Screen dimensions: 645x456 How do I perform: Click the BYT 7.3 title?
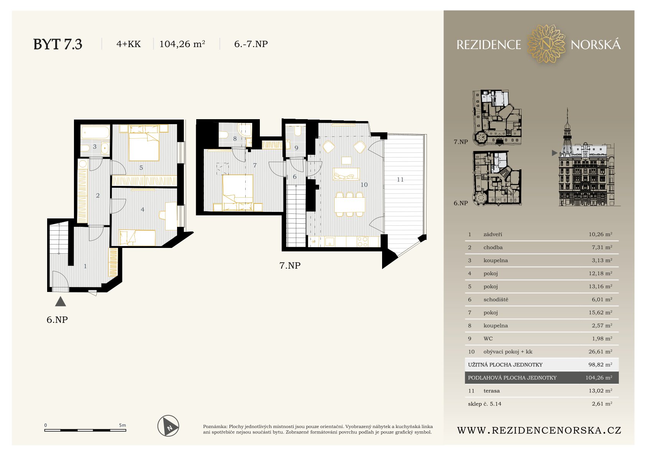point(57,44)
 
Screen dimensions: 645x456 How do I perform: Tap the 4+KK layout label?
point(128,44)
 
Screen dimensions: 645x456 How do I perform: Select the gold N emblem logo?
point(546,44)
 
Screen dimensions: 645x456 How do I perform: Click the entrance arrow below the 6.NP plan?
point(61,302)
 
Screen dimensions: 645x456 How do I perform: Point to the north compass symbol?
point(169,426)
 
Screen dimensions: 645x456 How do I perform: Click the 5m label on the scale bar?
point(122,425)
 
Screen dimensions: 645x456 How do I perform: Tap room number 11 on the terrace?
point(400,180)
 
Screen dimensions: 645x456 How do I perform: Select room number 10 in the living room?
point(364,185)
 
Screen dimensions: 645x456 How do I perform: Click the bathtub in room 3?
point(95,133)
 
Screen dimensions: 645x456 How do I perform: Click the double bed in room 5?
point(144,143)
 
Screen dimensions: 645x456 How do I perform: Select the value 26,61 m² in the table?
point(601,351)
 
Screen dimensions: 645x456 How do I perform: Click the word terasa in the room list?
point(492,390)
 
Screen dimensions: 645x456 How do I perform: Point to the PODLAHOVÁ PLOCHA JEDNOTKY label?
point(512,378)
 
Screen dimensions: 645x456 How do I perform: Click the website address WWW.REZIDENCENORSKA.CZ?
point(539,430)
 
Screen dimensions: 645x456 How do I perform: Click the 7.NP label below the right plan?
point(290,266)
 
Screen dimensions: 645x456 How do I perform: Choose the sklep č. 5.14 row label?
point(485,404)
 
